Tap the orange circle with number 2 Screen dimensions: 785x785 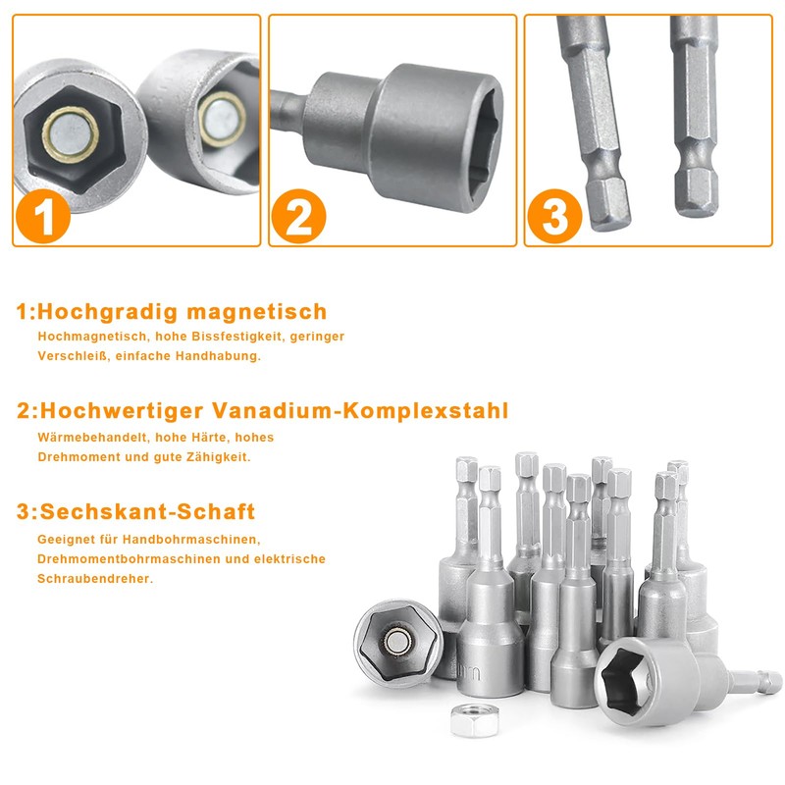click(x=298, y=216)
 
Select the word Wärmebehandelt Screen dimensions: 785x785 click(x=85, y=437)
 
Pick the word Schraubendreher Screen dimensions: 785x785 click(x=95, y=579)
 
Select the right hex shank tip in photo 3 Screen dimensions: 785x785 click(x=701, y=191)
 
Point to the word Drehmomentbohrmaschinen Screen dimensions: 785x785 click(x=122, y=559)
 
